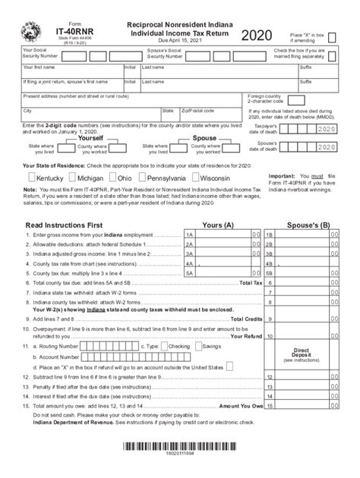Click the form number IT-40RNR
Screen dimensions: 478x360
[74, 33]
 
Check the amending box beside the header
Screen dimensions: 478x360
[332, 38]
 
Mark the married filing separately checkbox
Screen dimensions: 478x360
[333, 55]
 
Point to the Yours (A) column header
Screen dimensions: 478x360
[217, 225]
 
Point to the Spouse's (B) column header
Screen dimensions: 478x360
[308, 225]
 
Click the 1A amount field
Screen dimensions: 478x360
[224, 236]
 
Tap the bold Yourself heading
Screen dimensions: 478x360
[90, 138]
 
